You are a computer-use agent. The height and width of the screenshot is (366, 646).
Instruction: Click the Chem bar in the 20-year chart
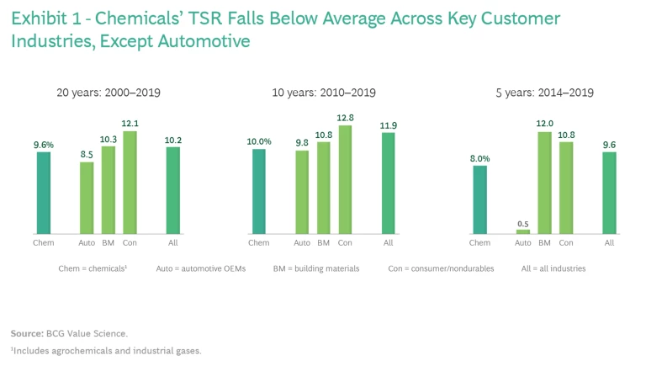point(44,193)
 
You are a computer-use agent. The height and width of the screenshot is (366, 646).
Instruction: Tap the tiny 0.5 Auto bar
point(523,231)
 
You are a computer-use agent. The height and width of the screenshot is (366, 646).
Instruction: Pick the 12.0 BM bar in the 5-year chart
point(544,183)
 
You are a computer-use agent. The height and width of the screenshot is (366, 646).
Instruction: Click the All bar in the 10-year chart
point(389,183)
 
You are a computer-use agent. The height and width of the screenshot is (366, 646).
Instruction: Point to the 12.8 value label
point(345,118)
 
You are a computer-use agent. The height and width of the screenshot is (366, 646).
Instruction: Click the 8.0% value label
point(479,157)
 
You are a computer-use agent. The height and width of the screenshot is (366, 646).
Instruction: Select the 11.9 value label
point(389,125)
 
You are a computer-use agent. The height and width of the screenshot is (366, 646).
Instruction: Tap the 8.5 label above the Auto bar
point(86,154)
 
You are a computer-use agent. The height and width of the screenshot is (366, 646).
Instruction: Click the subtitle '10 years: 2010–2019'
point(324,92)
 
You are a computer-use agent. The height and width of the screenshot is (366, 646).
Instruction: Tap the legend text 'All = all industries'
point(551,268)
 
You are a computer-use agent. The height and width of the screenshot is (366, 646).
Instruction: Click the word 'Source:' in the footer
point(28,333)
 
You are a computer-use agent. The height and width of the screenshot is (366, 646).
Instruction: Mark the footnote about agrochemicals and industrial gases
point(106,350)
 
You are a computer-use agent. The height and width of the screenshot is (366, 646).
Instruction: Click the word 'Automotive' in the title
point(208,40)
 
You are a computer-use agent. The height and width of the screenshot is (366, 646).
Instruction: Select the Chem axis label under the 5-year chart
point(479,243)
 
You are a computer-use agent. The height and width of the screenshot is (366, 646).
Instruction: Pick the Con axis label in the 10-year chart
point(345,243)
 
